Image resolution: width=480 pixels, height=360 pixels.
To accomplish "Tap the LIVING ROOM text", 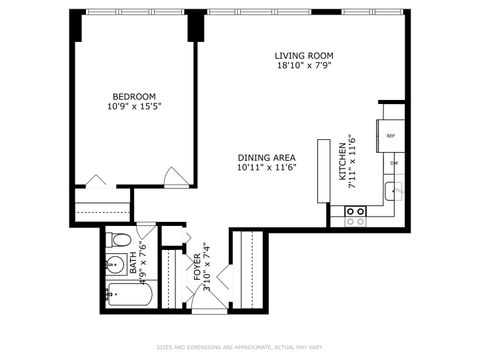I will tap(304, 55).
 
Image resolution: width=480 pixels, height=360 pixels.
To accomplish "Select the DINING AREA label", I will tap(265, 157).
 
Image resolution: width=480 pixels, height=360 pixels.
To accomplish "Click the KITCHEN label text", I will tap(342, 162).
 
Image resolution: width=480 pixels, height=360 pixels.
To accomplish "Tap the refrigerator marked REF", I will tap(391, 134).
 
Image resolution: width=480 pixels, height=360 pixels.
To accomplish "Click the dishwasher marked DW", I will tap(394, 162).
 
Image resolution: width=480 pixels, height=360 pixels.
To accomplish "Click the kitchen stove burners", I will tap(355, 212).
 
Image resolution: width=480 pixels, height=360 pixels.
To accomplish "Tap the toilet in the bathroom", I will tap(118, 242).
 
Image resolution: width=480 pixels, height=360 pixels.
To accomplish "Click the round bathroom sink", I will tap(112, 266).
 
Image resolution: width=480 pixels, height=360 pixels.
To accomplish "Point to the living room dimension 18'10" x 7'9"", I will tap(304, 67).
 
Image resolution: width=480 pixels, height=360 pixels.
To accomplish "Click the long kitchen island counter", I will tap(324, 170).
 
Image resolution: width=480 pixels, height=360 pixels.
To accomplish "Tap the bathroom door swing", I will tap(146, 229).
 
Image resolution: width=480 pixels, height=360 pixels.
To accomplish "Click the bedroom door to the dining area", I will tap(175, 179).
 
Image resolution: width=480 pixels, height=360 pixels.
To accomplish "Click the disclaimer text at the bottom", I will tap(240, 348).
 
